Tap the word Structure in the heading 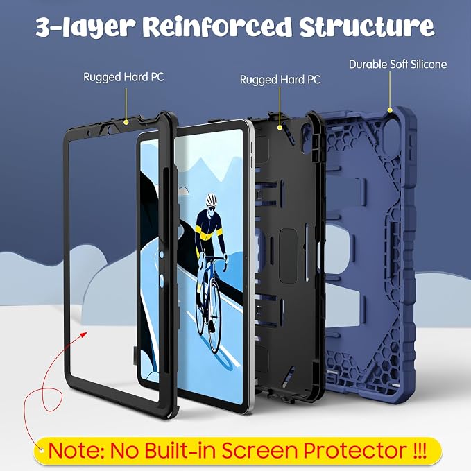coord(367,26)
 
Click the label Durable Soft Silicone coord(397,65)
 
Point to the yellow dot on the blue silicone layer coord(390,110)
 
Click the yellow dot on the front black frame coord(126,122)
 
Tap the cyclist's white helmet coord(211,199)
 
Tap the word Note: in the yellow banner coord(76,450)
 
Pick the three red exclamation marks coord(420,449)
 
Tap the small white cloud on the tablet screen coord(184,191)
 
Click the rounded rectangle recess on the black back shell coord(289,256)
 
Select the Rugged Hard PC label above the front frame coord(123,77)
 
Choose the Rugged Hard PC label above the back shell coord(280,80)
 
